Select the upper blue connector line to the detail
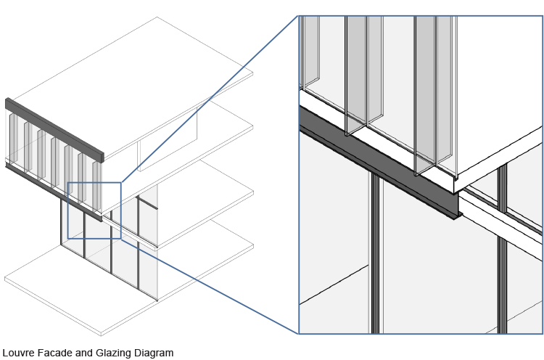click(210, 99)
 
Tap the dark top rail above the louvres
click(54, 131)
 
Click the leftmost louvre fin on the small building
click(13, 138)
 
